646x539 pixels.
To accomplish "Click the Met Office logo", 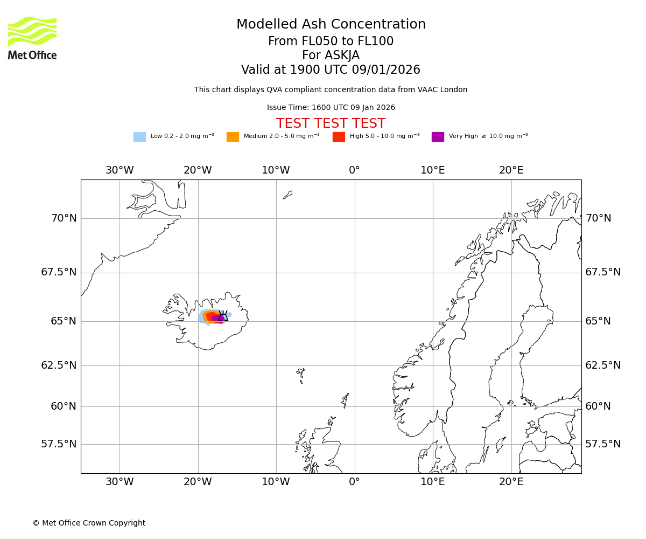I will (x=32, y=38).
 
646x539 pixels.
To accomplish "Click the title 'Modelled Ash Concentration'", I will (x=331, y=24).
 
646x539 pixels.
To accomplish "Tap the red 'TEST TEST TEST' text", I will (x=331, y=123).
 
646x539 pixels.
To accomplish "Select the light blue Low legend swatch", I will (x=139, y=136).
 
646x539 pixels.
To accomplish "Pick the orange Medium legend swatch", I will (x=233, y=136).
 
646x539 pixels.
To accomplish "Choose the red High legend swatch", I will (x=339, y=136).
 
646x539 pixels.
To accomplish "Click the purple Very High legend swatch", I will (x=438, y=136).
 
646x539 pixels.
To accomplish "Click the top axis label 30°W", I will (x=120, y=170).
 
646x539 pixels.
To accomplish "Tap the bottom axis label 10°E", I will (x=433, y=482).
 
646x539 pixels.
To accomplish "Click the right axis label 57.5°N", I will (x=603, y=444).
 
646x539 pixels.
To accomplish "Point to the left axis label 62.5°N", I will (x=59, y=365).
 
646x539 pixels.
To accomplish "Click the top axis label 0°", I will (x=354, y=170).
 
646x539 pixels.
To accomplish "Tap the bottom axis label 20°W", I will (x=198, y=482).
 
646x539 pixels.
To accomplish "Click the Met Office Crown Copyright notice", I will (x=89, y=523).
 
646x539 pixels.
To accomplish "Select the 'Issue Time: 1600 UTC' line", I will (x=331, y=107).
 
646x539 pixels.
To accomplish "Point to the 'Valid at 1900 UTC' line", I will (x=331, y=70).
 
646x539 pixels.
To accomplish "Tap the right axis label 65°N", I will (x=598, y=321).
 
